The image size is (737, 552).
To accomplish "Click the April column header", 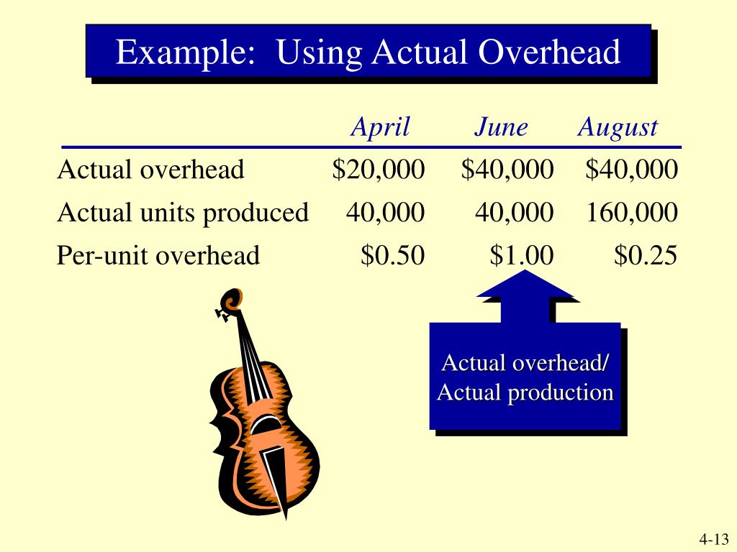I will click(x=380, y=128).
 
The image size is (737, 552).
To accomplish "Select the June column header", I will click(x=501, y=128).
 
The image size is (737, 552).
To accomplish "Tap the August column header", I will click(x=618, y=128).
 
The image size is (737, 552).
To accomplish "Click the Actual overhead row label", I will click(x=151, y=170).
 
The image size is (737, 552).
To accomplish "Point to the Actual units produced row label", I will click(x=183, y=213).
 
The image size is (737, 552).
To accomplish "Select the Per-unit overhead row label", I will click(x=158, y=255).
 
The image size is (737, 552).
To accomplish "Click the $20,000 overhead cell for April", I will click(x=379, y=170).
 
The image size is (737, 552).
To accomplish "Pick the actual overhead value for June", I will click(x=507, y=170).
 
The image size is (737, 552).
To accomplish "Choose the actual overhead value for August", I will click(x=631, y=170).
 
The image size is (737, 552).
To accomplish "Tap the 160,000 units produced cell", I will click(x=631, y=213).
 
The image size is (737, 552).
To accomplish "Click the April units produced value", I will click(x=385, y=213).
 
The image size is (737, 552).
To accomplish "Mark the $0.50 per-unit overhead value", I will click(x=392, y=255).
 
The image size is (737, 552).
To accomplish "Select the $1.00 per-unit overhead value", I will click(x=522, y=255).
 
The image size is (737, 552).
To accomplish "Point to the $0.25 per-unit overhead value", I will click(x=646, y=255).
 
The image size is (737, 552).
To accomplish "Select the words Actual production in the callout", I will click(x=525, y=392).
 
